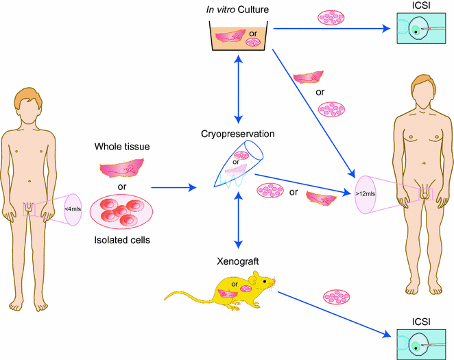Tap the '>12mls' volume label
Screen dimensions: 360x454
(x=365, y=195)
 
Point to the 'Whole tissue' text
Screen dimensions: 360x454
(x=121, y=147)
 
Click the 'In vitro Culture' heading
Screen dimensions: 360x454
(x=238, y=10)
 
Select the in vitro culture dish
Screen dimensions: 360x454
(x=237, y=38)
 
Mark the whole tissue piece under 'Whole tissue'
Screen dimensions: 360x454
(x=122, y=168)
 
